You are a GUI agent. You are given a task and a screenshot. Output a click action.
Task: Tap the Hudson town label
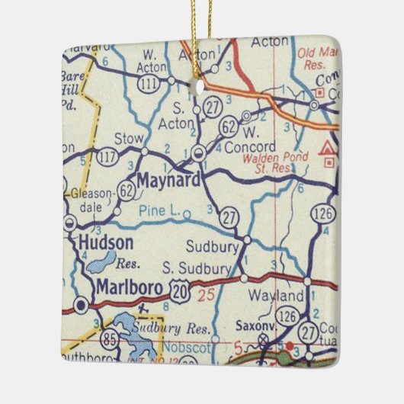106,243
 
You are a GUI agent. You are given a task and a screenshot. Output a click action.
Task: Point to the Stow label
127,139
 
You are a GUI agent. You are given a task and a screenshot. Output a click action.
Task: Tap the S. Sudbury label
197,268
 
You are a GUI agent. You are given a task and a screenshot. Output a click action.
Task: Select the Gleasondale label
91,200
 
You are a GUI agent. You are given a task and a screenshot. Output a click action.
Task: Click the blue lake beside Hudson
100,263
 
